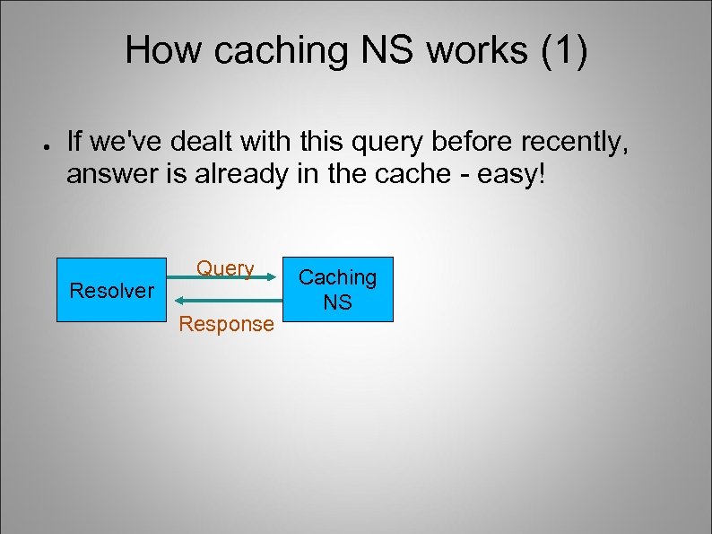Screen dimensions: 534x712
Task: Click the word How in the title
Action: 161,51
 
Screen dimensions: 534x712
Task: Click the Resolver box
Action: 112,290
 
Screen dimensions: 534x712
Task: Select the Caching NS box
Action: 337,290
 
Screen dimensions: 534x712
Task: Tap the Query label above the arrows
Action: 225,268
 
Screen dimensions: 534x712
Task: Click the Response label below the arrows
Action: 226,324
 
